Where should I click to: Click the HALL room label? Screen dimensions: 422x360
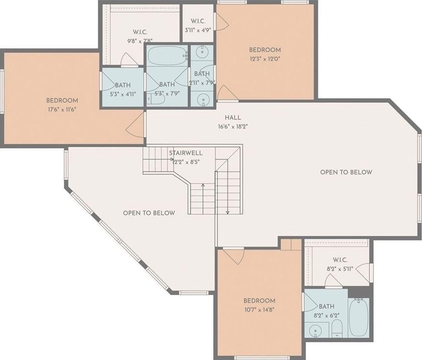tap(233, 117)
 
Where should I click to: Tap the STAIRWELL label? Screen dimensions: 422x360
tap(186, 153)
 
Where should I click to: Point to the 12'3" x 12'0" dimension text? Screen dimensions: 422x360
tap(265, 59)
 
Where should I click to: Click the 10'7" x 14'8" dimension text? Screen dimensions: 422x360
tap(259, 310)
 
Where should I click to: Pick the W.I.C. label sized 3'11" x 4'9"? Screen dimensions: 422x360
tap(198, 21)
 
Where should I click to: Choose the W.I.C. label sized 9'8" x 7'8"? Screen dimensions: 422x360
tap(140, 32)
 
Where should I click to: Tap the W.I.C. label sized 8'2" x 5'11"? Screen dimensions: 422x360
tap(340, 260)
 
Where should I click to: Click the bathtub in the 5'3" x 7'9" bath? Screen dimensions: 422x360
tap(167, 56)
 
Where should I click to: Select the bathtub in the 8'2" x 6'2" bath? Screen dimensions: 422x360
tap(359, 318)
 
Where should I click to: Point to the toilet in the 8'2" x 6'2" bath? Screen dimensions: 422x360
tap(337, 329)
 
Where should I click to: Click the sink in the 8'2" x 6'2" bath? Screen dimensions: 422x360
tap(314, 331)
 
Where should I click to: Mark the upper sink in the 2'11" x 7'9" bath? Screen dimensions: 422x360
tap(202, 52)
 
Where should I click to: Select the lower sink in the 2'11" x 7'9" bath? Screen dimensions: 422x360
tap(203, 100)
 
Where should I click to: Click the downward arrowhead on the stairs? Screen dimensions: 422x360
tap(228, 213)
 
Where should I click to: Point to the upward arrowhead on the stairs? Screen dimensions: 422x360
tap(203, 185)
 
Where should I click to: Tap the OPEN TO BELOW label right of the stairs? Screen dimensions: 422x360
tap(346, 172)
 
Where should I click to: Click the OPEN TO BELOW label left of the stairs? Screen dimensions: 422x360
tap(149, 213)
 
